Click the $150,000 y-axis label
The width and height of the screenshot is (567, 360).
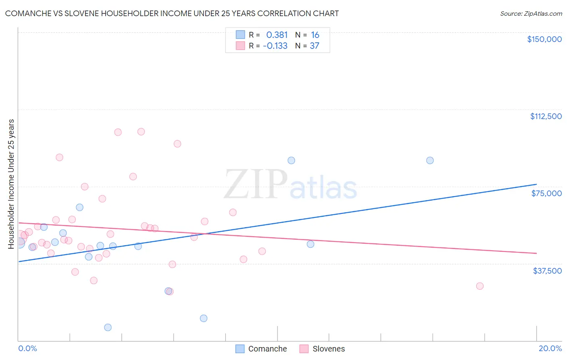coord(544,39)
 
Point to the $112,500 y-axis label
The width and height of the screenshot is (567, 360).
coord(546,116)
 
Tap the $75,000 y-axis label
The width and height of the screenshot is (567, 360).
coord(546,193)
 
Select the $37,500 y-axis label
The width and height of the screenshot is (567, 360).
coord(547,271)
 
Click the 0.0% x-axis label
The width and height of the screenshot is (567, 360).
coord(27,348)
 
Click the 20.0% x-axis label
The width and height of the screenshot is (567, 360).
coord(550,348)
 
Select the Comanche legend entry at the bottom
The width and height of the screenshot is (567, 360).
coord(261,349)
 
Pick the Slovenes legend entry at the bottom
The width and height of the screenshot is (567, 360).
coord(323,349)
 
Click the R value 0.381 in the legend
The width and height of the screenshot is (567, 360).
coord(277,35)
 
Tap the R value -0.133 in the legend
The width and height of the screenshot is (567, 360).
coord(275,46)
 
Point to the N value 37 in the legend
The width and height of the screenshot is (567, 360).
coord(315,46)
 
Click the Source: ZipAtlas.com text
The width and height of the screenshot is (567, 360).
coord(531,13)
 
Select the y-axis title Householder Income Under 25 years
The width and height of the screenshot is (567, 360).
coord(11,184)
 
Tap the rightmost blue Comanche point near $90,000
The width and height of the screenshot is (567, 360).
coord(430,160)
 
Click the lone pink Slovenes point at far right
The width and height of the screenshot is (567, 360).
coord(479,286)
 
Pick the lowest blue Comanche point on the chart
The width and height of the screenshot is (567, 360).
coord(108,327)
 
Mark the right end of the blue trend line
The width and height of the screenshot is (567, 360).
coord(536,184)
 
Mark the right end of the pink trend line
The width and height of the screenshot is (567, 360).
coord(536,253)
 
